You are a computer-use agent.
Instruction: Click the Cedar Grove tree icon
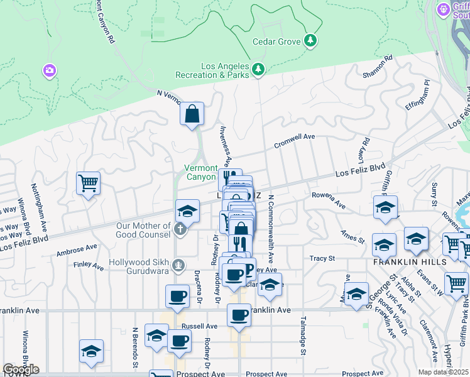click(x=310, y=41)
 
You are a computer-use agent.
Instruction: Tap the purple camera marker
click(x=50, y=70)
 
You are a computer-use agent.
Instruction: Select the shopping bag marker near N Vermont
click(x=192, y=114)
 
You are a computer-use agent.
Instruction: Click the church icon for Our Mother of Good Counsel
click(x=181, y=229)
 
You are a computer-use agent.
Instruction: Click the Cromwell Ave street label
click(x=294, y=140)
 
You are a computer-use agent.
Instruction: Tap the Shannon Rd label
click(x=378, y=67)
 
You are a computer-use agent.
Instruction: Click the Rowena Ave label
click(x=329, y=200)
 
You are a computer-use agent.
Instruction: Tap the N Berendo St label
click(x=135, y=347)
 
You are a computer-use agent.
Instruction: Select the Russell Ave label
click(x=199, y=326)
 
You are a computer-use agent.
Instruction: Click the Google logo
click(x=21, y=369)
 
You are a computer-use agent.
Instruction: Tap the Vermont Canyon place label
click(x=200, y=172)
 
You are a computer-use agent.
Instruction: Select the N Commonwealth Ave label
click(x=271, y=229)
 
